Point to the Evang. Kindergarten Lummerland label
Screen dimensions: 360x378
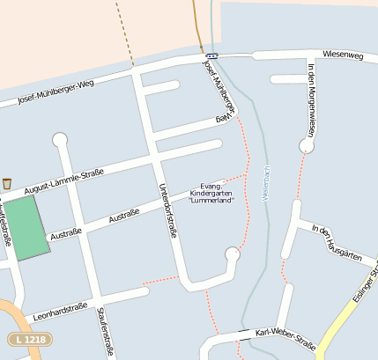click(211, 193)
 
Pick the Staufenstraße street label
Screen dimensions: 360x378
click(103, 331)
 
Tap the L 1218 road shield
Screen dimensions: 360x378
click(28, 339)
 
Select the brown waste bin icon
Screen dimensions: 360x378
click(7, 183)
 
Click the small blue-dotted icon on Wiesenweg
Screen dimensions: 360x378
click(212, 55)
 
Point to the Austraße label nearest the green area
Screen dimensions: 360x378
click(66, 233)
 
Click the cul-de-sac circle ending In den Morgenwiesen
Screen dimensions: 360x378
click(307, 145)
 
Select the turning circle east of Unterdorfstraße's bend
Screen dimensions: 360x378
click(233, 255)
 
